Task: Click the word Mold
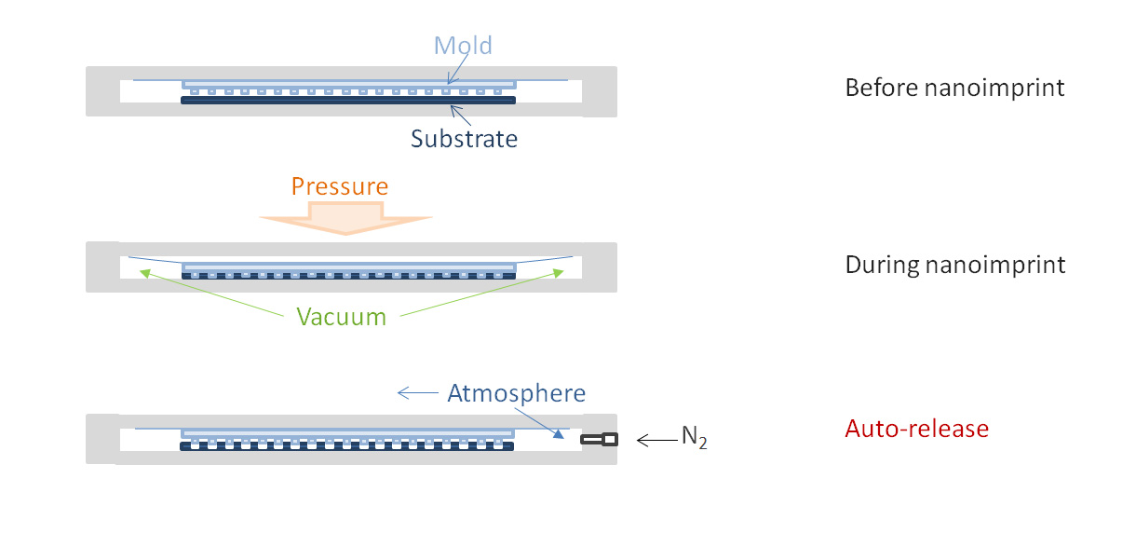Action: coord(463,45)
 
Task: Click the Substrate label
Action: coord(464,139)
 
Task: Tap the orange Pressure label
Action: coord(339,186)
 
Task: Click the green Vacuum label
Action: coord(341,317)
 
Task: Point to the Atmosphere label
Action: coord(516,393)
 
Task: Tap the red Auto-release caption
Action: coord(916,429)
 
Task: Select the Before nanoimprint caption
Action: coord(954,88)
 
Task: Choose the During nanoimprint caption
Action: coord(954,265)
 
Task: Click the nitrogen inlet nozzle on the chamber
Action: coord(599,439)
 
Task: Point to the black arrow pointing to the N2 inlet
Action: coord(656,439)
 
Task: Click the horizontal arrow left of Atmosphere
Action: coord(417,393)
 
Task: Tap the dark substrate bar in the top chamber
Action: coord(346,100)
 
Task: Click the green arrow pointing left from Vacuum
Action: coord(214,292)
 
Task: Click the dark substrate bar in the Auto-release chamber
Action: coord(346,446)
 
